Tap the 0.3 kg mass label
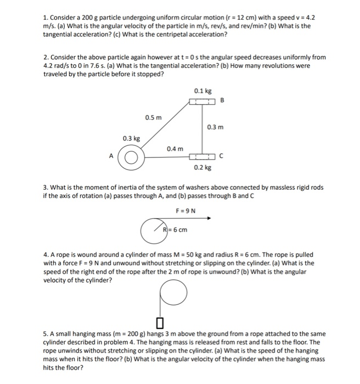pyautogui.click(x=130, y=139)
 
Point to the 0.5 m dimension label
pyautogui.click(x=154, y=118)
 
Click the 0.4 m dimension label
pyautogui.click(x=175, y=149)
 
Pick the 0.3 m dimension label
pyautogui.click(x=216, y=128)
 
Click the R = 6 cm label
pyautogui.click(x=176, y=229)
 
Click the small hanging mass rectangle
pyautogui.click(x=160, y=321)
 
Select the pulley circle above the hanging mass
pyautogui.click(x=175, y=294)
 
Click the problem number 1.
pyautogui.click(x=45, y=10)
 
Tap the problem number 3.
pyautogui.click(x=45, y=188)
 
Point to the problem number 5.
pyautogui.click(x=45, y=334)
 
